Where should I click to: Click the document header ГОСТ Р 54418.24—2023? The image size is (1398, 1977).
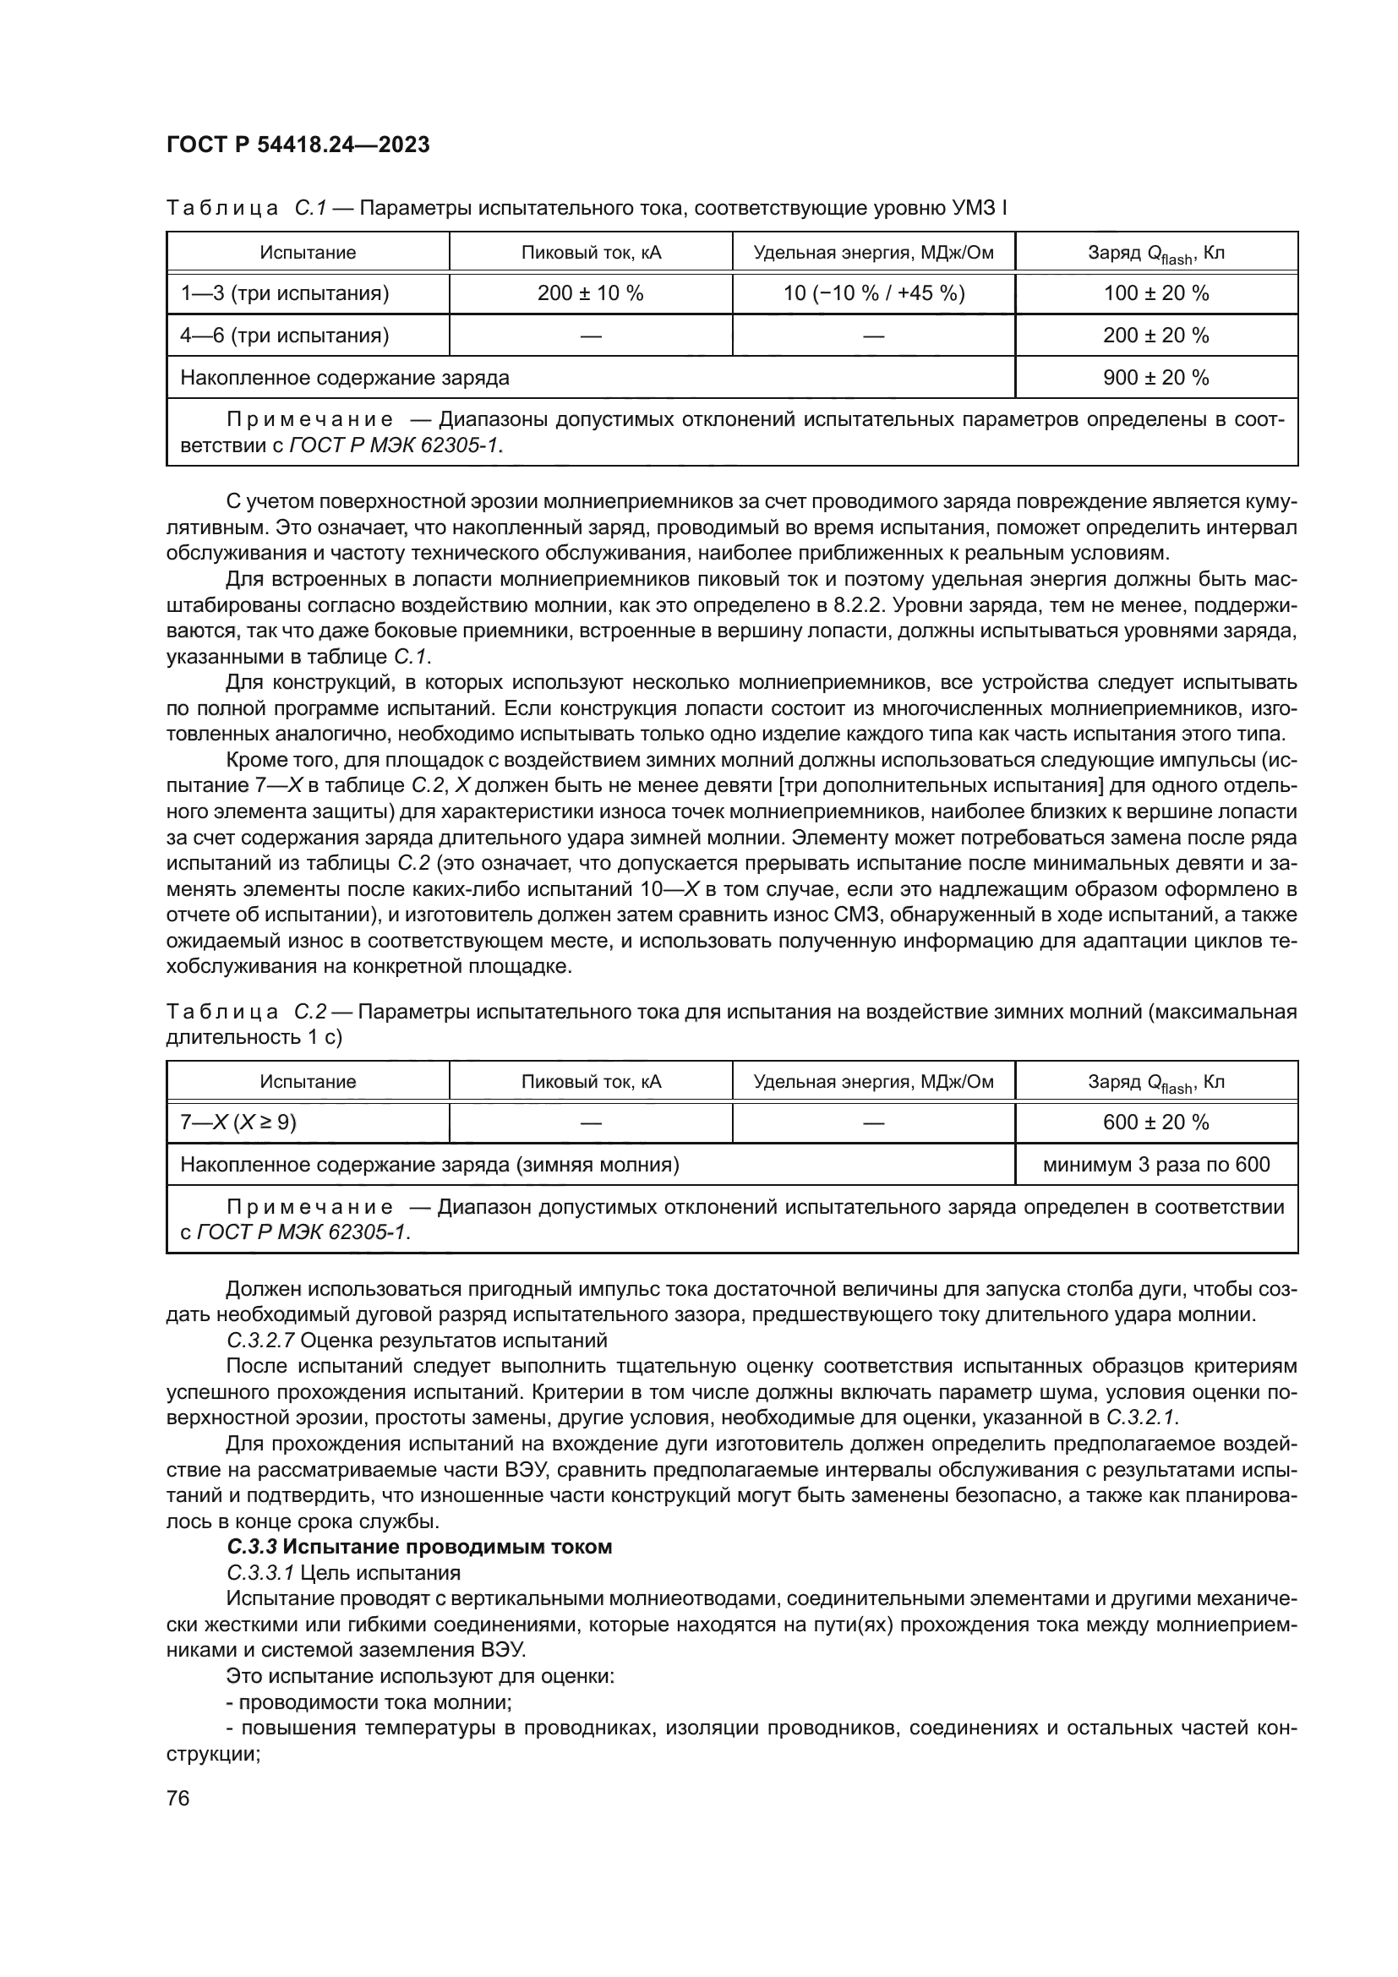click(x=298, y=145)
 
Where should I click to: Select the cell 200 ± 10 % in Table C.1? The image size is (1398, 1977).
click(x=591, y=293)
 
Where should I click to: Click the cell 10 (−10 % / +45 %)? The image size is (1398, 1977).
click(x=874, y=293)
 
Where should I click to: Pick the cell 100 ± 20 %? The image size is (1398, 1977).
click(x=1156, y=293)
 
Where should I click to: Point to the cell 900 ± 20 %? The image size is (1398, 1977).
click(x=1156, y=377)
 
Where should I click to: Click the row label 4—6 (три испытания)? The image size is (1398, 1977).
click(x=285, y=336)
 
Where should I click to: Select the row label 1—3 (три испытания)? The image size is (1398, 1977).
click(x=285, y=293)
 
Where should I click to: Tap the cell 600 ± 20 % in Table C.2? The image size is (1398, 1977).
click(x=1156, y=1122)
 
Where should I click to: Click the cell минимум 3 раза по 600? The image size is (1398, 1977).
click(x=1156, y=1165)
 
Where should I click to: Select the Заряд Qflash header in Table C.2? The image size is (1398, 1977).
click(x=1156, y=1083)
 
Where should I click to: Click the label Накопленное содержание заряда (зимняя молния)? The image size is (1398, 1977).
click(x=429, y=1165)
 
